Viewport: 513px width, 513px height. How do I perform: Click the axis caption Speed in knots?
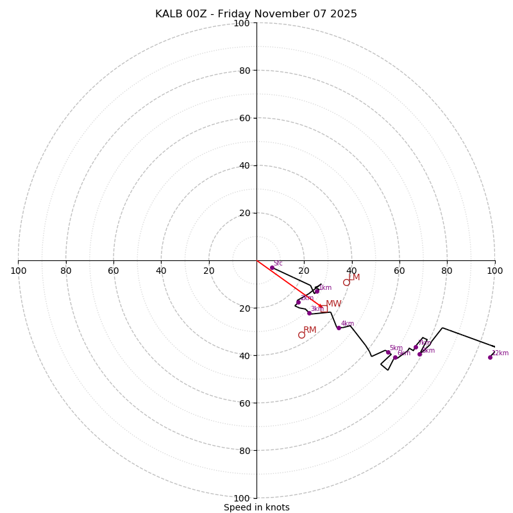pos(256,507)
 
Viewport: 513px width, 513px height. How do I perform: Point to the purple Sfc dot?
pos(272,267)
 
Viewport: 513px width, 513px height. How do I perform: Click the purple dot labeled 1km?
pos(317,291)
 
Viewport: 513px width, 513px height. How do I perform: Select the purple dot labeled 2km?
pos(298,302)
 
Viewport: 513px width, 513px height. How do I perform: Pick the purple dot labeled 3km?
pos(309,313)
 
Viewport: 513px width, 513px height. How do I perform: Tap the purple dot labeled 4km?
pos(339,328)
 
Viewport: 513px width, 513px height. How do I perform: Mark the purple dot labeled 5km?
pos(388,352)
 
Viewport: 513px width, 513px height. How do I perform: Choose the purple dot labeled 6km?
pos(396,357)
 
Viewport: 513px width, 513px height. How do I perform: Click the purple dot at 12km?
pos(490,357)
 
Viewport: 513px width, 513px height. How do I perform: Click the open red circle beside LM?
pos(346,282)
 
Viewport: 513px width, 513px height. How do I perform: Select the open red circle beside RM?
pos(301,335)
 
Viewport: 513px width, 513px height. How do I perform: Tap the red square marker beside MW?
pos(324,308)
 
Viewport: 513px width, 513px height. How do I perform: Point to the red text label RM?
pos(310,330)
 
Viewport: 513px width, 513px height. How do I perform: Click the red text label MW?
pos(333,304)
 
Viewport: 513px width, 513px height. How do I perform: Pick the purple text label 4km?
pos(348,324)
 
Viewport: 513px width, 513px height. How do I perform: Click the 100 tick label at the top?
pos(242,23)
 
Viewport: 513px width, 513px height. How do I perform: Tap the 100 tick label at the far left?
pos(19,271)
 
